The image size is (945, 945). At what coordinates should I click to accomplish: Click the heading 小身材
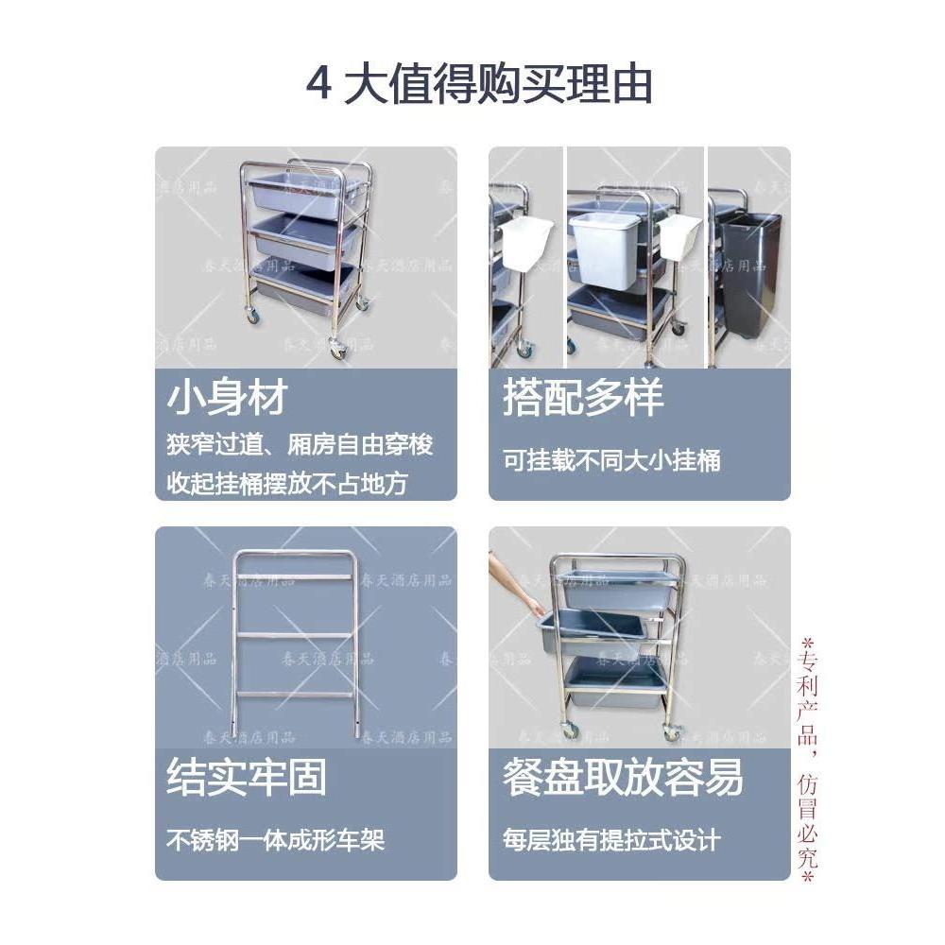227,398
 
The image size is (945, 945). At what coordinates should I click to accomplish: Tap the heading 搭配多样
583,398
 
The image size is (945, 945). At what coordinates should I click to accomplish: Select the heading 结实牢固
247,777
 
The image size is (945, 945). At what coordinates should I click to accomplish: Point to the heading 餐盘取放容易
623,777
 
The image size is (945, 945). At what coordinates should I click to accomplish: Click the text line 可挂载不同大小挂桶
611,460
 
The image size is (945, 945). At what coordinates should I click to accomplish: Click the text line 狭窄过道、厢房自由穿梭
300,444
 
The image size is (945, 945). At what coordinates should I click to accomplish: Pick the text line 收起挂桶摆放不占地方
287,484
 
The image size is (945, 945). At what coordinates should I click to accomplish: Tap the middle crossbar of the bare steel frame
294,634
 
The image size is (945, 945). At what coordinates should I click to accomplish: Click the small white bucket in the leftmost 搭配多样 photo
525,244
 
